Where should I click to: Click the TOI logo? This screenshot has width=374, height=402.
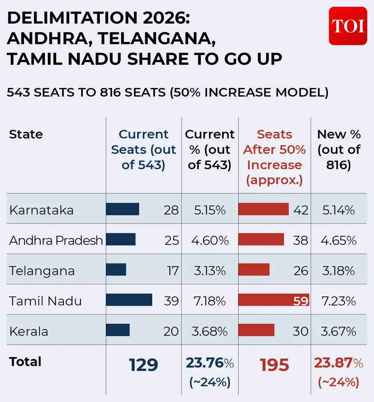click(348, 26)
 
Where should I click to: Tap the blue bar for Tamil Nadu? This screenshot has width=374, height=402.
click(129, 300)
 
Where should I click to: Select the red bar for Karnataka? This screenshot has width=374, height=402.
click(263, 209)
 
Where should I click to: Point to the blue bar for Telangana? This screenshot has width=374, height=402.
click(116, 269)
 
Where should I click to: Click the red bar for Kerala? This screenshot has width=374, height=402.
click(256, 330)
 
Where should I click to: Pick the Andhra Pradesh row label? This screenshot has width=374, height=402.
click(56, 240)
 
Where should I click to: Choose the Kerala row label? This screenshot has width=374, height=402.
click(29, 331)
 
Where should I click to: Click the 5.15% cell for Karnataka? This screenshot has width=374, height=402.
click(210, 210)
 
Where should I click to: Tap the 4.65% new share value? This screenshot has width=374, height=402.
click(338, 240)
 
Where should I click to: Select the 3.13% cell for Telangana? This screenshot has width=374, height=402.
click(210, 271)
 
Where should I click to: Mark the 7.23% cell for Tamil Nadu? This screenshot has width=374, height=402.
click(338, 301)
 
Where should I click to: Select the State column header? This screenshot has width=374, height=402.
click(26, 134)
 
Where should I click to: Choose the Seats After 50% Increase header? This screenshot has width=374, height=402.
click(275, 157)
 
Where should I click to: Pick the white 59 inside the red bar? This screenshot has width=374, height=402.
click(301, 301)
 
